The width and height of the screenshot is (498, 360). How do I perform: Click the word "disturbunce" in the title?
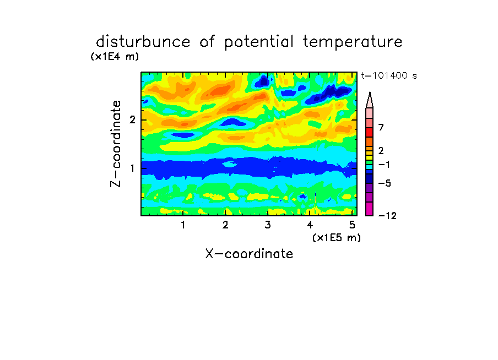[143, 41]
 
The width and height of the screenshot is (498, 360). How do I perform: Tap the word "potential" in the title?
[259, 42]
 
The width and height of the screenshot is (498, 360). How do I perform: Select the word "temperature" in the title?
[353, 42]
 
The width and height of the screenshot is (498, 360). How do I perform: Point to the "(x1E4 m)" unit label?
[115, 57]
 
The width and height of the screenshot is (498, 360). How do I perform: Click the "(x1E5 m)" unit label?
[337, 237]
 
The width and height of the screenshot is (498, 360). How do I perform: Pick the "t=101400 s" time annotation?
[389, 75]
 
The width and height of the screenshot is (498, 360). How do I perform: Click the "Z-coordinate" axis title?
[116, 144]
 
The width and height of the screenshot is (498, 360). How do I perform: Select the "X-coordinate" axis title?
[249, 254]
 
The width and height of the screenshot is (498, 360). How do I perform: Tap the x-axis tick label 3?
[268, 225]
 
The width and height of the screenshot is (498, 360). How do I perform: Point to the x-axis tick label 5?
[352, 225]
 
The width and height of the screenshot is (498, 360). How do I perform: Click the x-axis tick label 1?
[183, 225]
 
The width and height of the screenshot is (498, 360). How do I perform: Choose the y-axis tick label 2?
[132, 119]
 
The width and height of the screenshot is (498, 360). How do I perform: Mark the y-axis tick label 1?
[132, 168]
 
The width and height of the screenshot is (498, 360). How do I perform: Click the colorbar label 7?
[381, 127]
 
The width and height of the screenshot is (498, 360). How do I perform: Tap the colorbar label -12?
[387, 216]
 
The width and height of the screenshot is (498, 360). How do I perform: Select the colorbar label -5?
[385, 183]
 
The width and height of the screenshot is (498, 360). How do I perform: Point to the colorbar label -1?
[384, 165]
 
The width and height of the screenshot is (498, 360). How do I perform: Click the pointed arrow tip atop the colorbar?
[370, 92]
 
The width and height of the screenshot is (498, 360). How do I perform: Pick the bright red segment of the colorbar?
[370, 132]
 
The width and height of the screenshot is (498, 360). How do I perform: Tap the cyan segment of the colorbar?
[370, 167]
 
